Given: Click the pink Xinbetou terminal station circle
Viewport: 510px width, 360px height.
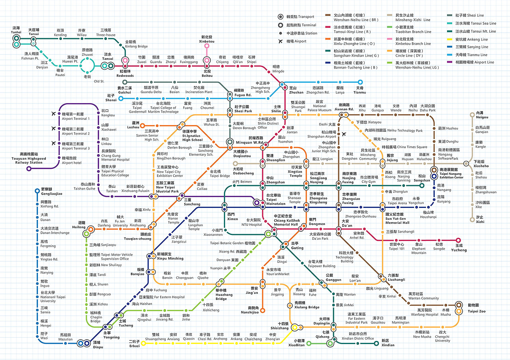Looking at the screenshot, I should click(x=207, y=46).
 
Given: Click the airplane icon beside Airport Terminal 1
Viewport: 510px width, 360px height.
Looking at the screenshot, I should click(x=54, y=114).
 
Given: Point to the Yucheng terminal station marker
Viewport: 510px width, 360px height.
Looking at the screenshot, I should click(x=459, y=240).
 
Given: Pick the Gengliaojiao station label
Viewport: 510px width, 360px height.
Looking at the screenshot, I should click(x=51, y=191).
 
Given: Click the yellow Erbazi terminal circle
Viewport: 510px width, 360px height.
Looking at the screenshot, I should click(x=143, y=342).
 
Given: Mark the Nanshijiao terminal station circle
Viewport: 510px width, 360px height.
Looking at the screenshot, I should click(x=263, y=311).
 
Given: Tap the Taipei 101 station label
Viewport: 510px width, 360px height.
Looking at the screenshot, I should click(x=396, y=247).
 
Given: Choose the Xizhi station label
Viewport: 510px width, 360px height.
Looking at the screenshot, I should click(x=480, y=219).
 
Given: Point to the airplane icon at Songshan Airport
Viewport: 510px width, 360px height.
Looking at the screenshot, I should click(x=344, y=134).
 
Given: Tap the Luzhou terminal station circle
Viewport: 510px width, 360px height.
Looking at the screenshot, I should click(x=142, y=126).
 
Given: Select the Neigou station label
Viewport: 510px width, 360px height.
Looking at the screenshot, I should click(x=482, y=115).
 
